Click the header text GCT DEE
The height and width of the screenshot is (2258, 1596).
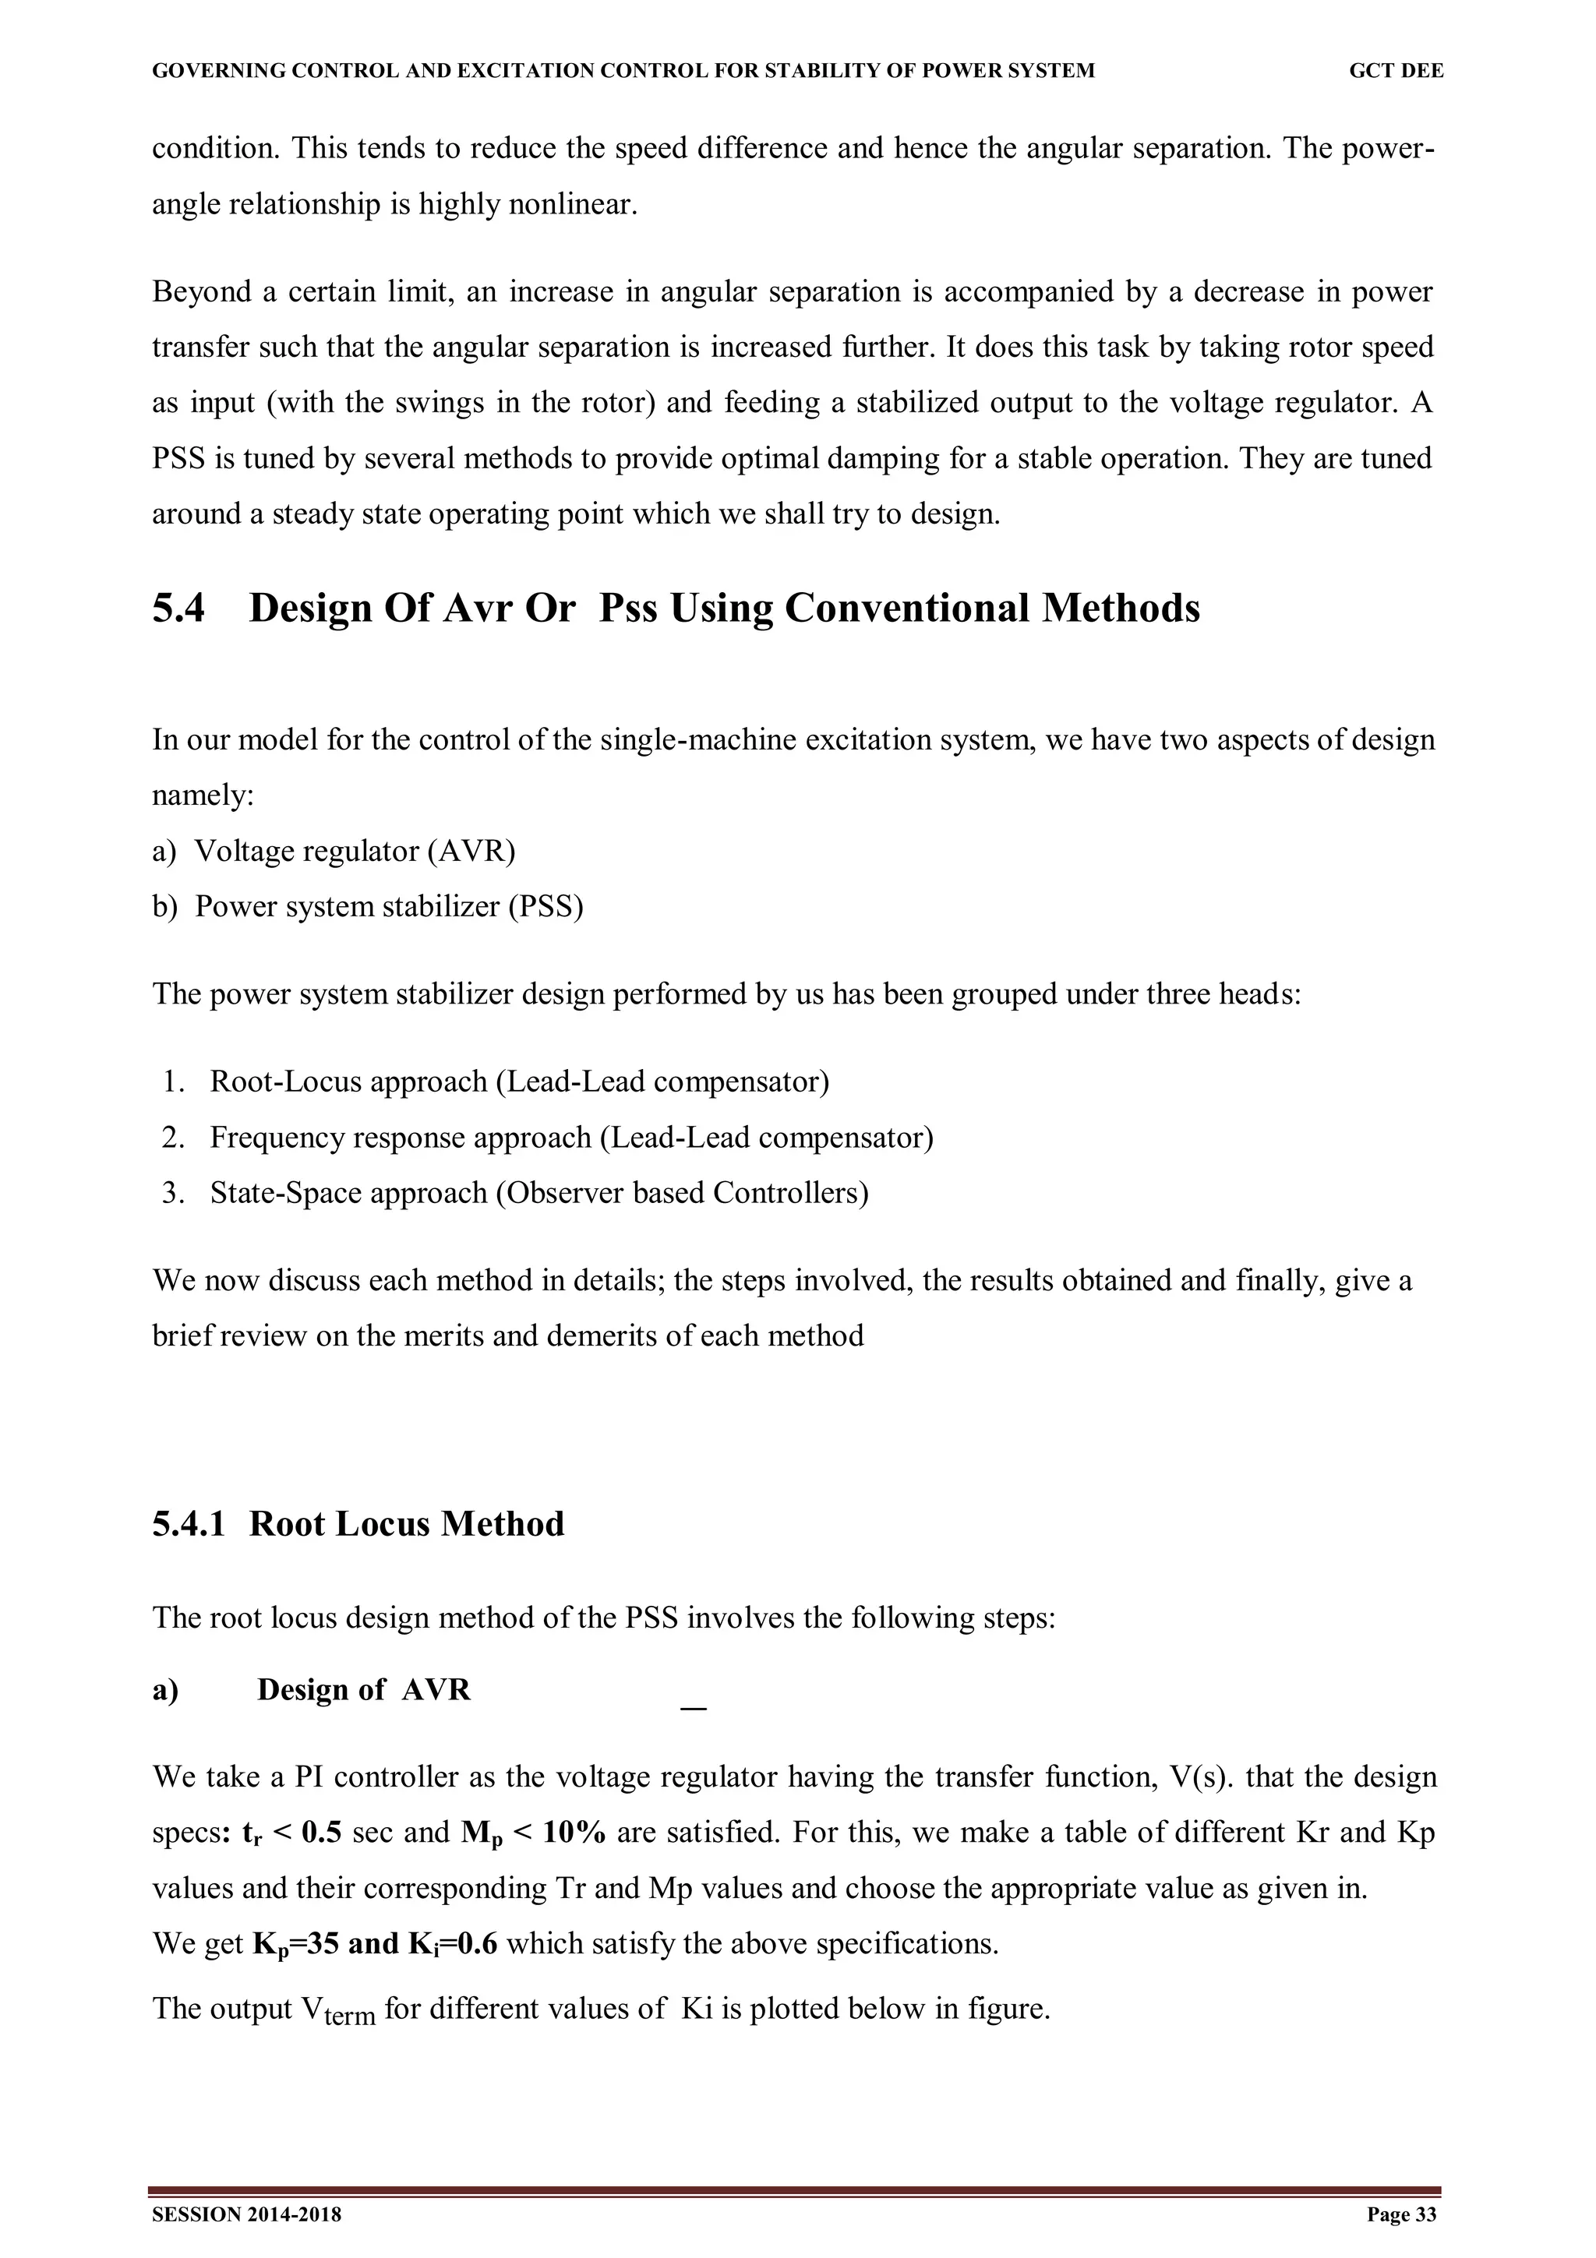click(1396, 71)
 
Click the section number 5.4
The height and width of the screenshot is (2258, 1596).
click(178, 609)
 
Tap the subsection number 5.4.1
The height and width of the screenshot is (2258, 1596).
click(188, 1523)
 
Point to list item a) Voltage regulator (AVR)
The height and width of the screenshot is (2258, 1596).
click(334, 851)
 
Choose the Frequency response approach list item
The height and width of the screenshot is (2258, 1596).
click(570, 1138)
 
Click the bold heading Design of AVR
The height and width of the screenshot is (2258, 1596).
click(364, 1689)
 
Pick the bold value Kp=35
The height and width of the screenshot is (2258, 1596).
click(296, 1944)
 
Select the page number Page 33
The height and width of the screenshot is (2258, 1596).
click(1401, 2214)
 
